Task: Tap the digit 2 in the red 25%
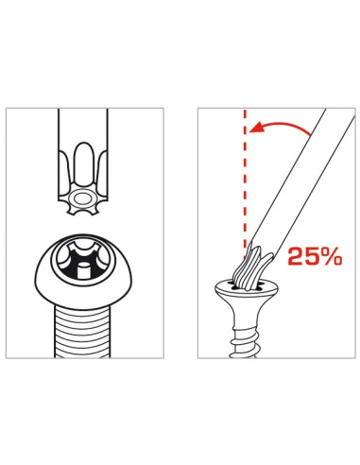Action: click(x=294, y=256)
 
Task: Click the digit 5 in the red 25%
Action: click(x=312, y=256)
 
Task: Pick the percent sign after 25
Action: click(x=332, y=256)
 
